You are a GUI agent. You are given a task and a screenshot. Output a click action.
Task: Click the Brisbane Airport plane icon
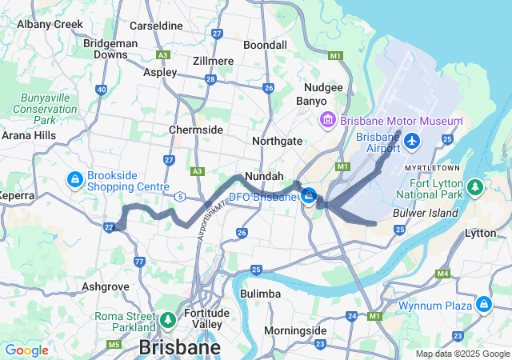click(x=412, y=142)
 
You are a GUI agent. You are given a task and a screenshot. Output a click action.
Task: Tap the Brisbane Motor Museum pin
click(x=327, y=121)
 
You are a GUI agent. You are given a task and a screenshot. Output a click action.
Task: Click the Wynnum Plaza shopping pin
click(x=484, y=305)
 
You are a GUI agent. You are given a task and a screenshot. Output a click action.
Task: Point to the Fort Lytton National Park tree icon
click(x=475, y=187)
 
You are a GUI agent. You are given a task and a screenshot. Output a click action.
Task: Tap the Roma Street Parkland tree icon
click(x=168, y=321)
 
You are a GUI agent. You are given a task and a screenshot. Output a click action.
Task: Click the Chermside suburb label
click(x=195, y=130)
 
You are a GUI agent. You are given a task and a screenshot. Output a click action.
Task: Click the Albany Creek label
click(x=50, y=24)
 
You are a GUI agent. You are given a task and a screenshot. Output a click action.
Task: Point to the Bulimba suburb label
click(x=261, y=294)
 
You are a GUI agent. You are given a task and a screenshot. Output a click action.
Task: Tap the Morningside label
click(x=295, y=330)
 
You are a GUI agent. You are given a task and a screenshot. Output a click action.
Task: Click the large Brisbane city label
click(x=180, y=348)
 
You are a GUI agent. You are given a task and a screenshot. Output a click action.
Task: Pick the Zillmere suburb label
click(x=213, y=61)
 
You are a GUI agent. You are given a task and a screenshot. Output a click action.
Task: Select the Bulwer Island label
click(x=426, y=214)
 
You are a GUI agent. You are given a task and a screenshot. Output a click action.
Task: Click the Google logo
click(x=26, y=350)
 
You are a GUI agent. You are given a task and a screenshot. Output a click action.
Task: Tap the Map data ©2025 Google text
click(x=462, y=354)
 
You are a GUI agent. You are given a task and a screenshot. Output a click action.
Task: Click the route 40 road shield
click(x=102, y=90)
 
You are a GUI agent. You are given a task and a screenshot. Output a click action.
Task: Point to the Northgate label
click(x=277, y=141)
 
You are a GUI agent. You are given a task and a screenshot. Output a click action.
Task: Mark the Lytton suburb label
click(x=481, y=233)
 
